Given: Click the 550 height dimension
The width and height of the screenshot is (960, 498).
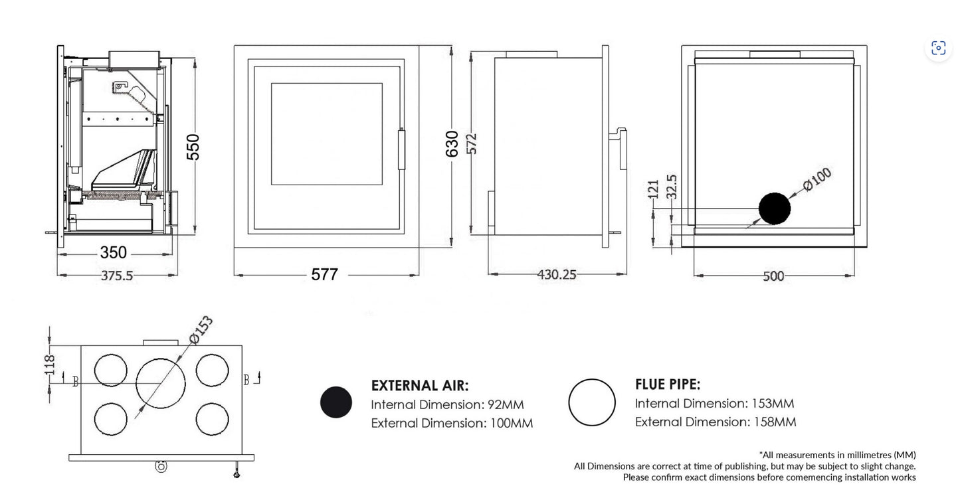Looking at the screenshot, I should click(x=193, y=147).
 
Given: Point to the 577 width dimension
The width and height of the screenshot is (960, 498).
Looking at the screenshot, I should click(x=325, y=274).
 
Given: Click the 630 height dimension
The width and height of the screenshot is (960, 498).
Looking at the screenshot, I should click(x=452, y=143).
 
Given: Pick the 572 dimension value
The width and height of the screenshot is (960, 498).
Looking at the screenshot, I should click(x=472, y=143).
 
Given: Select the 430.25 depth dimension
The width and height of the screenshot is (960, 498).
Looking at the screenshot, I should click(x=557, y=275).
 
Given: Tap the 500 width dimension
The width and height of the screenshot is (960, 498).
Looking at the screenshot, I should click(x=773, y=276).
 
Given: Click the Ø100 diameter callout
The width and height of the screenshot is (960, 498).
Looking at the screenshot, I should click(x=817, y=179).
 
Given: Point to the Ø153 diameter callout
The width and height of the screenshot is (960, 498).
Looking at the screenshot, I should click(x=201, y=330).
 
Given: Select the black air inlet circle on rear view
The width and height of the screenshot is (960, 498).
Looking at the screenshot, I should click(x=775, y=208).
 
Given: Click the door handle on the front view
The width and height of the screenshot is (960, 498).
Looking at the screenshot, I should click(x=401, y=149).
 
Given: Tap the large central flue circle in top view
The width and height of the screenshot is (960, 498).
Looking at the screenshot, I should click(x=161, y=382).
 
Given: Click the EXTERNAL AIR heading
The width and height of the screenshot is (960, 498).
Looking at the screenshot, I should click(x=419, y=386).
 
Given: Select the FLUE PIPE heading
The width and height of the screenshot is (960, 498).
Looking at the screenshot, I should click(x=668, y=384).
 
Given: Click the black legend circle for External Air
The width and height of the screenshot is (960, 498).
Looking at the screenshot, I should click(x=336, y=402).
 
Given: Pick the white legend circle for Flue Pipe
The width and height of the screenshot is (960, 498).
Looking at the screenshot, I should click(x=592, y=402).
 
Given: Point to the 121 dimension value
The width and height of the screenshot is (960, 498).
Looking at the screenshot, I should click(x=654, y=190).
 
